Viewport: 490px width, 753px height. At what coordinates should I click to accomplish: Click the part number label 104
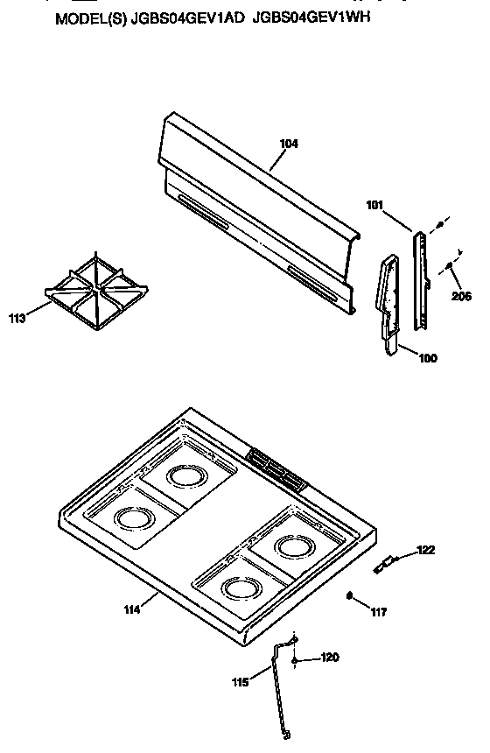(290, 144)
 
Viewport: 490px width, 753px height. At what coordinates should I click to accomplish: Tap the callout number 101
(374, 207)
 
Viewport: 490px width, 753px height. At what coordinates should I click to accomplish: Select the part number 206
(461, 296)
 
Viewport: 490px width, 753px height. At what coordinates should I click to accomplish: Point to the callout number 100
(429, 357)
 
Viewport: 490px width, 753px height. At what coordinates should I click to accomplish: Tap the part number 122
(425, 550)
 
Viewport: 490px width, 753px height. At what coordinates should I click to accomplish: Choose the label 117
(378, 612)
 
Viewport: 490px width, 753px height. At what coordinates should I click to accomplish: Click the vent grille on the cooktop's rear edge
(276, 470)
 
